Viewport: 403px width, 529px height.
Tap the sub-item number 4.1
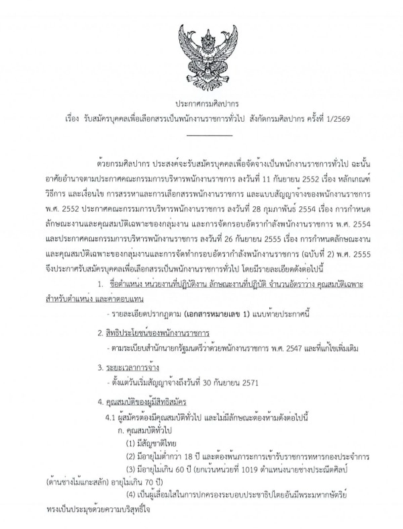[x=110, y=418]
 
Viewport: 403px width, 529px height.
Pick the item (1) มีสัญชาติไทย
[x=151, y=444]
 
